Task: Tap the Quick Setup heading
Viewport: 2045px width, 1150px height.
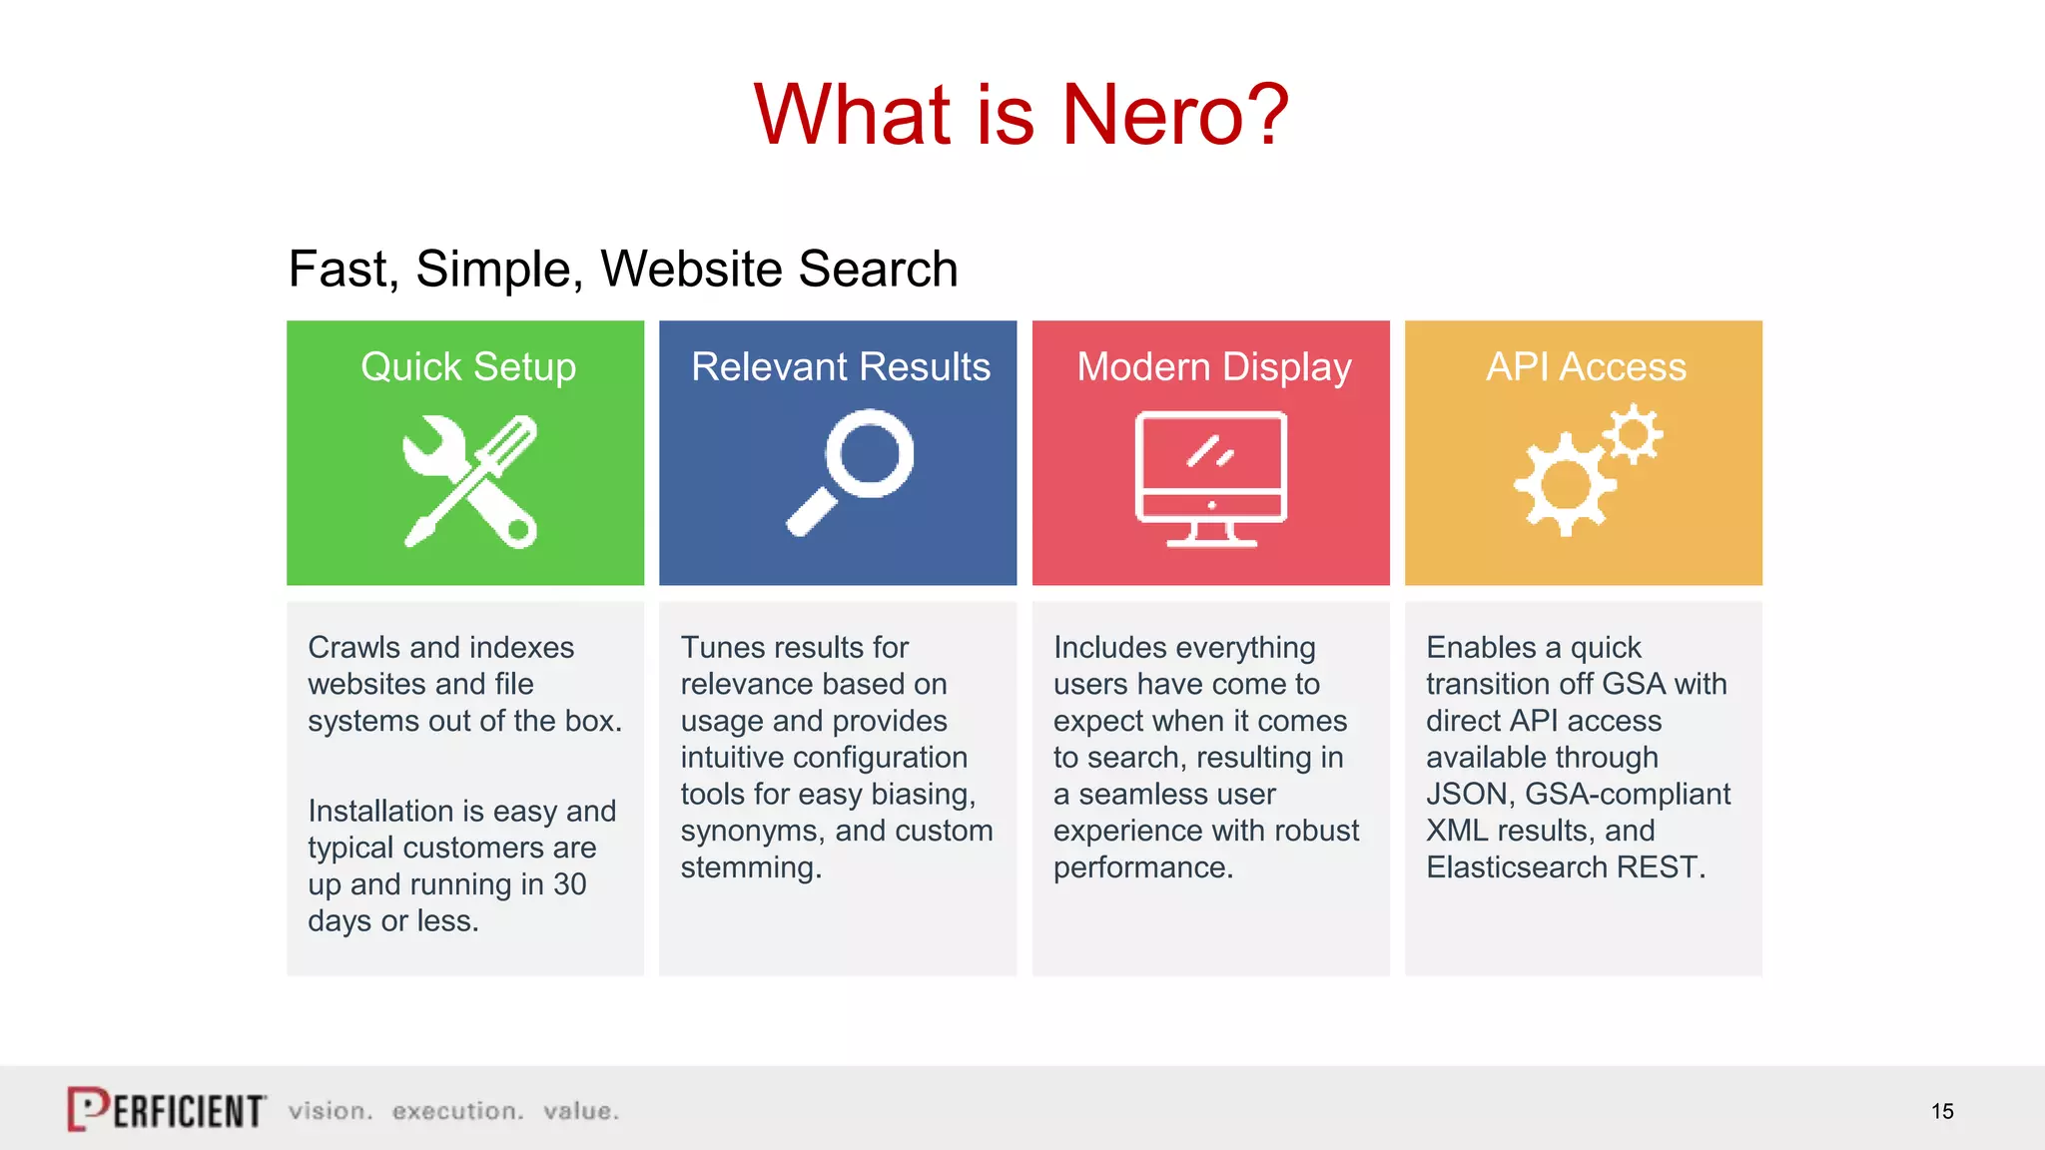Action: point(468,367)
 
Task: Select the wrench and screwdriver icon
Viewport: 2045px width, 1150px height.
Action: point(469,482)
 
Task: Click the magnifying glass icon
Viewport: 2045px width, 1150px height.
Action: point(851,471)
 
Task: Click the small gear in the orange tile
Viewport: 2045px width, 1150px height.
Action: point(1634,433)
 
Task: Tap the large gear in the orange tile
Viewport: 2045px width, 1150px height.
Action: point(1565,486)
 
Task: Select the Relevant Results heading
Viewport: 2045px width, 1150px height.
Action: point(841,367)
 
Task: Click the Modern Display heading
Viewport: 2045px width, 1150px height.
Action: point(1214,367)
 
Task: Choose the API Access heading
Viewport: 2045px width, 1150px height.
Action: point(1586,367)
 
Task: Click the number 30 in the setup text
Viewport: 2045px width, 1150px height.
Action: point(569,884)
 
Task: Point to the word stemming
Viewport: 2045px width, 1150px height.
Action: point(750,867)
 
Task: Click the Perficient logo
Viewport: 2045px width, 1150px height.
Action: point(167,1109)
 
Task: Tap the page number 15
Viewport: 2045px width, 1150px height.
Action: point(1942,1111)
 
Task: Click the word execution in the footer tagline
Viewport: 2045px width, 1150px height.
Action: point(457,1111)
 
